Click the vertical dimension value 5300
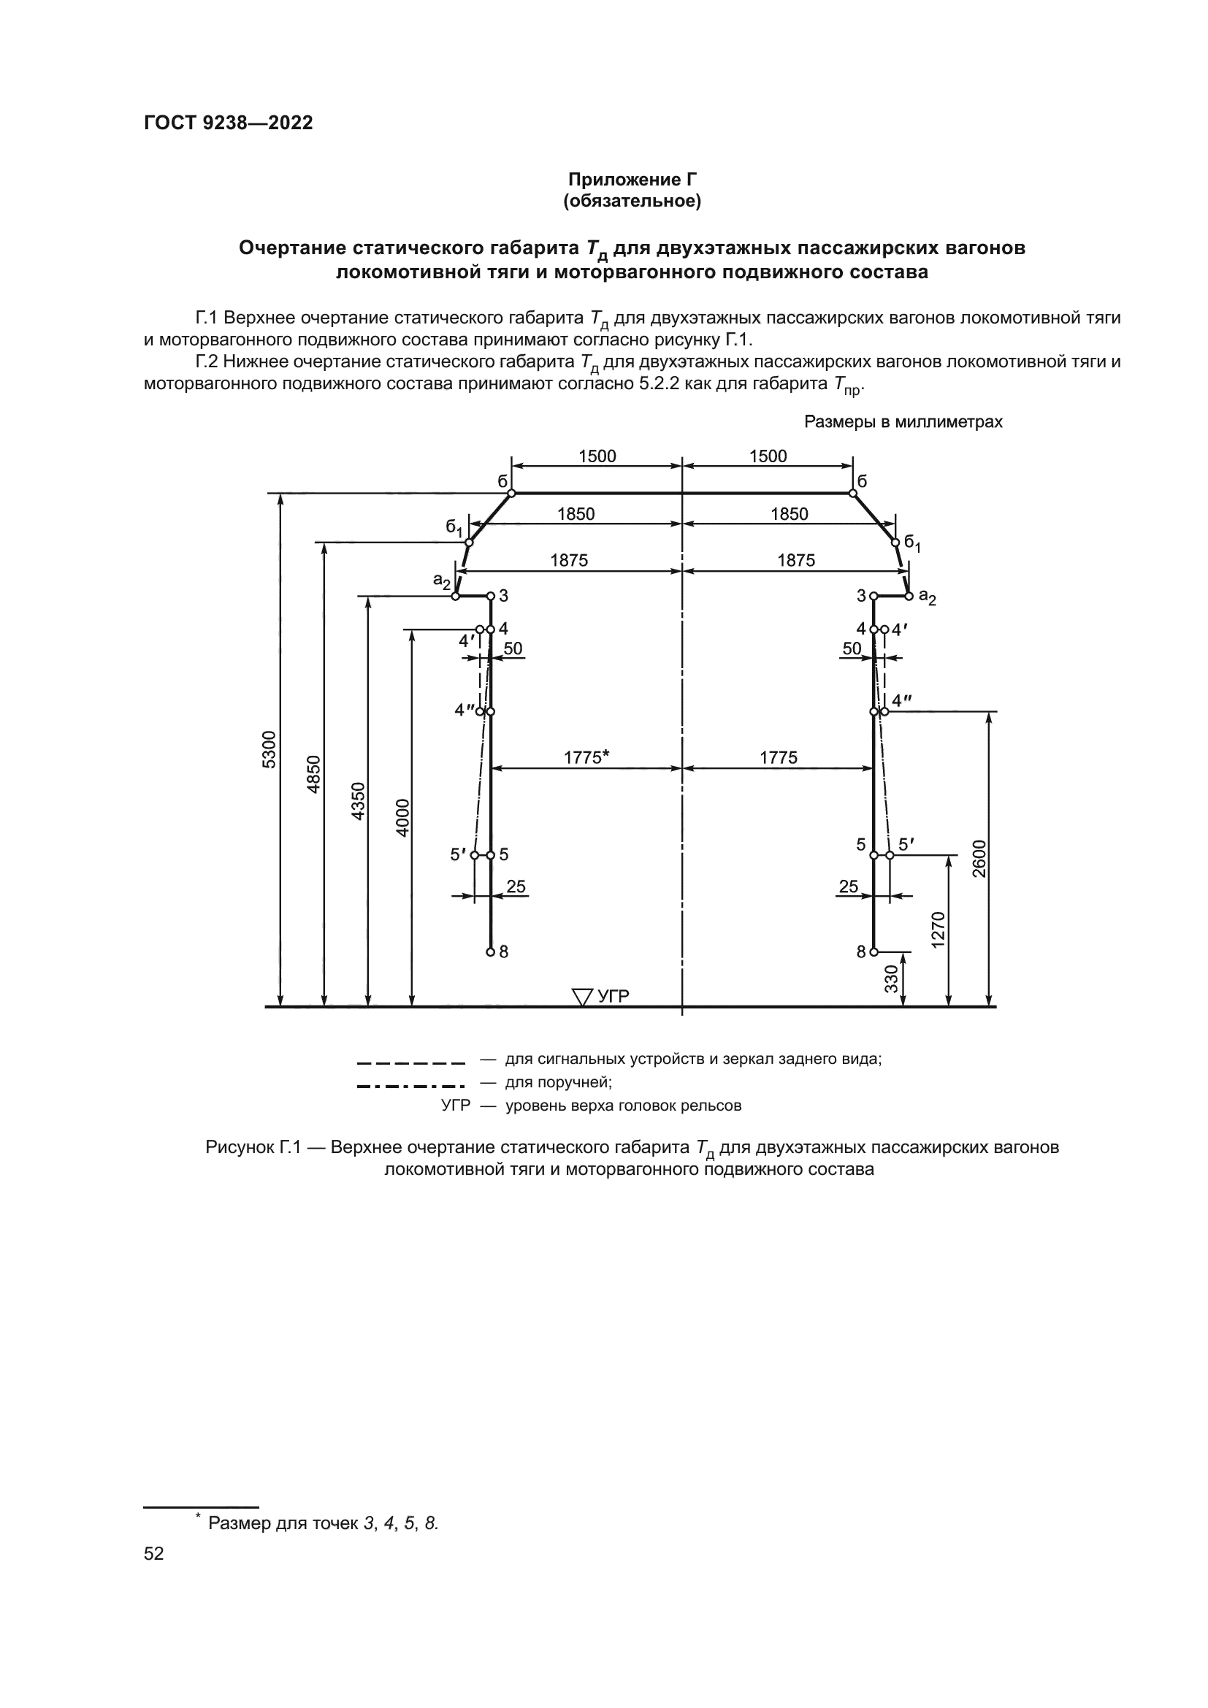[269, 749]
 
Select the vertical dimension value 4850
[313, 773]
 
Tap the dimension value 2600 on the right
[979, 858]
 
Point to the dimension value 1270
[937, 928]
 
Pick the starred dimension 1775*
[586, 757]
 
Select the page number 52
[154, 1553]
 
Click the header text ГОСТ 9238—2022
[229, 123]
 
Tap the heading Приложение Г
[632, 180]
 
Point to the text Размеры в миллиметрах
[903, 422]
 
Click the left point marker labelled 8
[490, 952]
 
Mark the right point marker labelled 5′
[890, 856]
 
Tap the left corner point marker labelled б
[511, 493]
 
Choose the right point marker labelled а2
[909, 596]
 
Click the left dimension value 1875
[569, 560]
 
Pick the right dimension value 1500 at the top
[768, 456]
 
